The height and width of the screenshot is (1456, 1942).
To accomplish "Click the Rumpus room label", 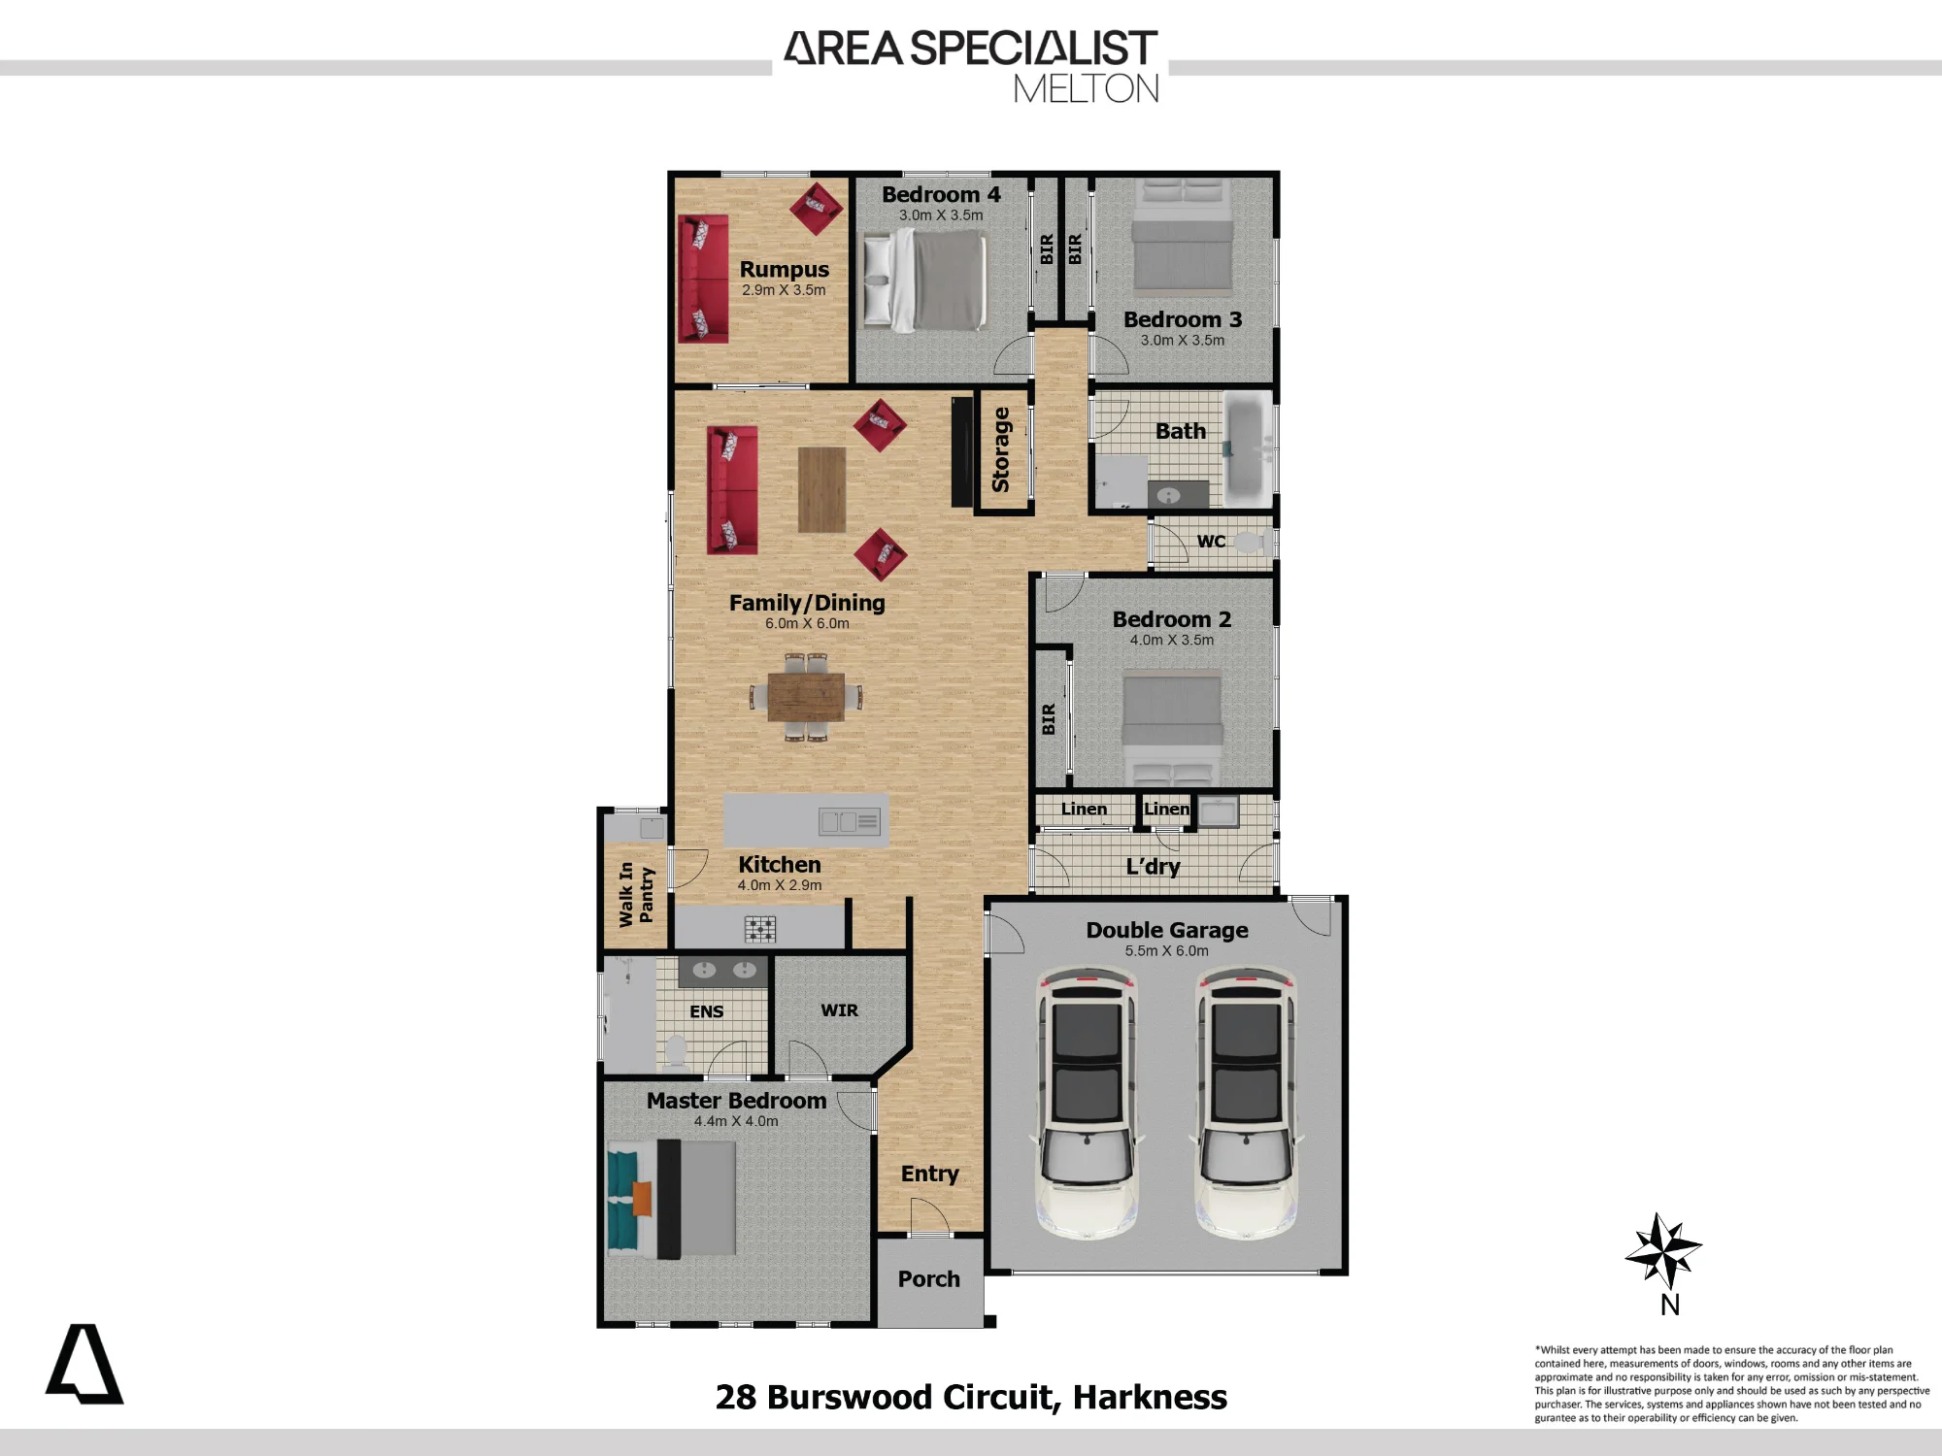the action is (x=784, y=269).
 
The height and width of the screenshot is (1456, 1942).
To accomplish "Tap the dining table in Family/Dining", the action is (x=806, y=697).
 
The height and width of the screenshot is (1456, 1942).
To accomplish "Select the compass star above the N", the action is (x=1663, y=1251).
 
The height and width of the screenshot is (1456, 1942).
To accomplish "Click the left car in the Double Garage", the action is (x=1087, y=1103).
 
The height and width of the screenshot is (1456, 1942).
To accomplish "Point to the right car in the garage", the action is (x=1246, y=1103).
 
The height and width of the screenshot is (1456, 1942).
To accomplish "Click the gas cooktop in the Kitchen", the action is (x=760, y=929).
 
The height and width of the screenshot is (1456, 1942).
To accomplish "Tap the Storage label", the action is (x=1001, y=449).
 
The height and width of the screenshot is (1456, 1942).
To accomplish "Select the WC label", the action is (x=1211, y=541).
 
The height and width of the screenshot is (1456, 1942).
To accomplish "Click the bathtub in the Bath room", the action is (x=1246, y=449).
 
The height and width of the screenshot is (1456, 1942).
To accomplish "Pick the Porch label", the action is (x=929, y=1278).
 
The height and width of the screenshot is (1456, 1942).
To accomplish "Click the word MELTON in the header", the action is (x=1087, y=89).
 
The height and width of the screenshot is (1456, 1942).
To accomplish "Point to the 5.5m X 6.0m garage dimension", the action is (x=1167, y=951).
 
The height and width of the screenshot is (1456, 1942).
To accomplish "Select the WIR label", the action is (x=839, y=1010).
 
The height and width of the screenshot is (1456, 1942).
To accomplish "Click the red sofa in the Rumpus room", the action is (x=703, y=279).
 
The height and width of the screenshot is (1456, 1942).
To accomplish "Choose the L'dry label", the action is (x=1153, y=866).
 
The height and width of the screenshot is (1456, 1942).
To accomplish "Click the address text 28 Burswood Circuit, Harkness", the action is (x=971, y=1397).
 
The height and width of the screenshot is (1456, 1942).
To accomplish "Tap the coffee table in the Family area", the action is (x=821, y=489).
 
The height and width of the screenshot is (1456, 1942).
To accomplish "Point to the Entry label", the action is (x=929, y=1174).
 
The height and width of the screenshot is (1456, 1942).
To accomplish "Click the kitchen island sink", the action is (x=849, y=822).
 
